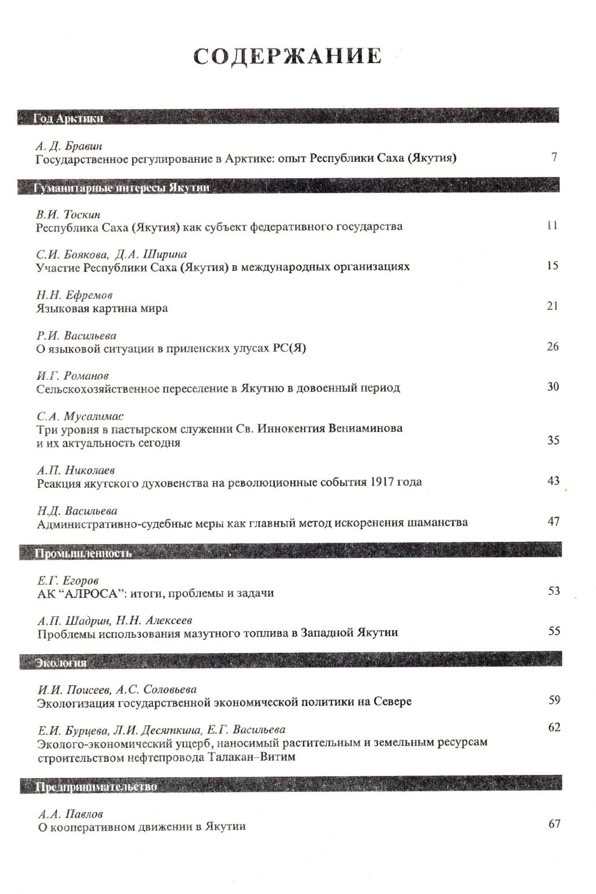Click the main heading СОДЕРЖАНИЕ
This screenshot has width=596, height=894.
[287, 56]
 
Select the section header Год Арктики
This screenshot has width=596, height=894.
[68, 118]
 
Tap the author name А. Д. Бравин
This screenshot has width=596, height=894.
[69, 146]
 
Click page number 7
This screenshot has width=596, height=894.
[555, 156]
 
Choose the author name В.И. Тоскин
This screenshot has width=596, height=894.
[68, 214]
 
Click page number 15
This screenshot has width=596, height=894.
[553, 265]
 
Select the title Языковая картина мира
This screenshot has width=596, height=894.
[102, 308]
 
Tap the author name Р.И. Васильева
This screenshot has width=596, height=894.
[76, 335]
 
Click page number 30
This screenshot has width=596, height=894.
[553, 387]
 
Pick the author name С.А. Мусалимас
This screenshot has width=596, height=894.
[80, 417]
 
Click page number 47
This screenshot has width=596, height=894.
[553, 521]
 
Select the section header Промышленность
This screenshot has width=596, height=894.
[84, 553]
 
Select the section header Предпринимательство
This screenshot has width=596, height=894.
[97, 786]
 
